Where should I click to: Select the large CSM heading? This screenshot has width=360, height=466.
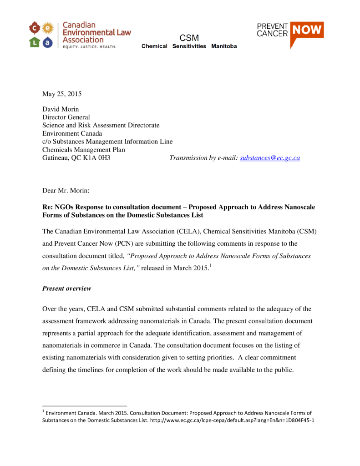coord(189,38)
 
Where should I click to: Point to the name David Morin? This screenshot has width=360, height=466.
coord(61,109)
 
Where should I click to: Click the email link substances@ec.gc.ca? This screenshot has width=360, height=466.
coord(270,158)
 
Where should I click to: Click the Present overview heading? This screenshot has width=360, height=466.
coord(66,288)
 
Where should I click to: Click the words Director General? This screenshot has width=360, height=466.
coord(66,117)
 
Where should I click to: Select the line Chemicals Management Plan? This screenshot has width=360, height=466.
coord(84,150)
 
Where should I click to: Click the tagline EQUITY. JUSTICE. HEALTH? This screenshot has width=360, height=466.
coord(89,46)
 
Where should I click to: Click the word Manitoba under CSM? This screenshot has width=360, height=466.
coord(224,46)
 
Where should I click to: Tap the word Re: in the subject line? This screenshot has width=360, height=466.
coord(48,207)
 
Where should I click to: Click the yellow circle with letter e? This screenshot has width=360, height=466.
coord(48,29)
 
